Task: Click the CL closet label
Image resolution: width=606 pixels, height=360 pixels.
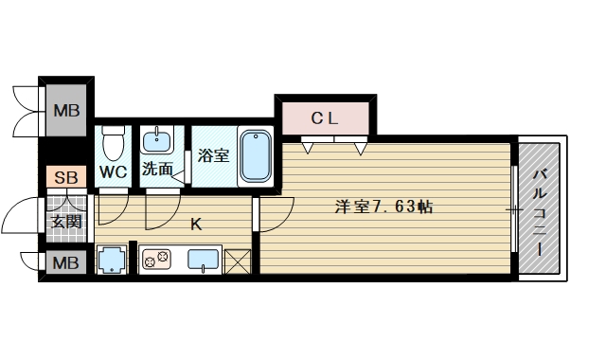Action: [326, 118]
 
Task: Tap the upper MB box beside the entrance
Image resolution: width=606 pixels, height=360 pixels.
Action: [65, 112]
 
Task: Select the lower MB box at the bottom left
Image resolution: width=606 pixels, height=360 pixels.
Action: [65, 261]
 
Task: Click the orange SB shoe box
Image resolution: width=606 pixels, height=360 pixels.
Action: [65, 177]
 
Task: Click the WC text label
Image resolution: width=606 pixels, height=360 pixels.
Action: [114, 172]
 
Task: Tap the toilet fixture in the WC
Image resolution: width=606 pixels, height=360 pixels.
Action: [114, 144]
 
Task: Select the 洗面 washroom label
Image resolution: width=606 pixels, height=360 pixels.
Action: [157, 171]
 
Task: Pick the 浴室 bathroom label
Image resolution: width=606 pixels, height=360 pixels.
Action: [214, 155]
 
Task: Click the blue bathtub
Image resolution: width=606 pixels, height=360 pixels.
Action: [256, 155]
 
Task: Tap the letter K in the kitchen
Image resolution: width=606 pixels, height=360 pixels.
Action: [196, 225]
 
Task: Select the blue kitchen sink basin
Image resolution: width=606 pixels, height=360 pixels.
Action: [204, 259]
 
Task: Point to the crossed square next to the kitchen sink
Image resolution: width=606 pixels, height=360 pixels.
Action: [237, 261]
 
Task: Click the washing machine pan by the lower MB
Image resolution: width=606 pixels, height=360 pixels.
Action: [113, 260]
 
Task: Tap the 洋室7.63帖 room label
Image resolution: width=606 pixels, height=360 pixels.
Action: [383, 207]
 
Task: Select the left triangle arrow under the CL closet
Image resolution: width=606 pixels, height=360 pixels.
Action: [309, 148]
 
